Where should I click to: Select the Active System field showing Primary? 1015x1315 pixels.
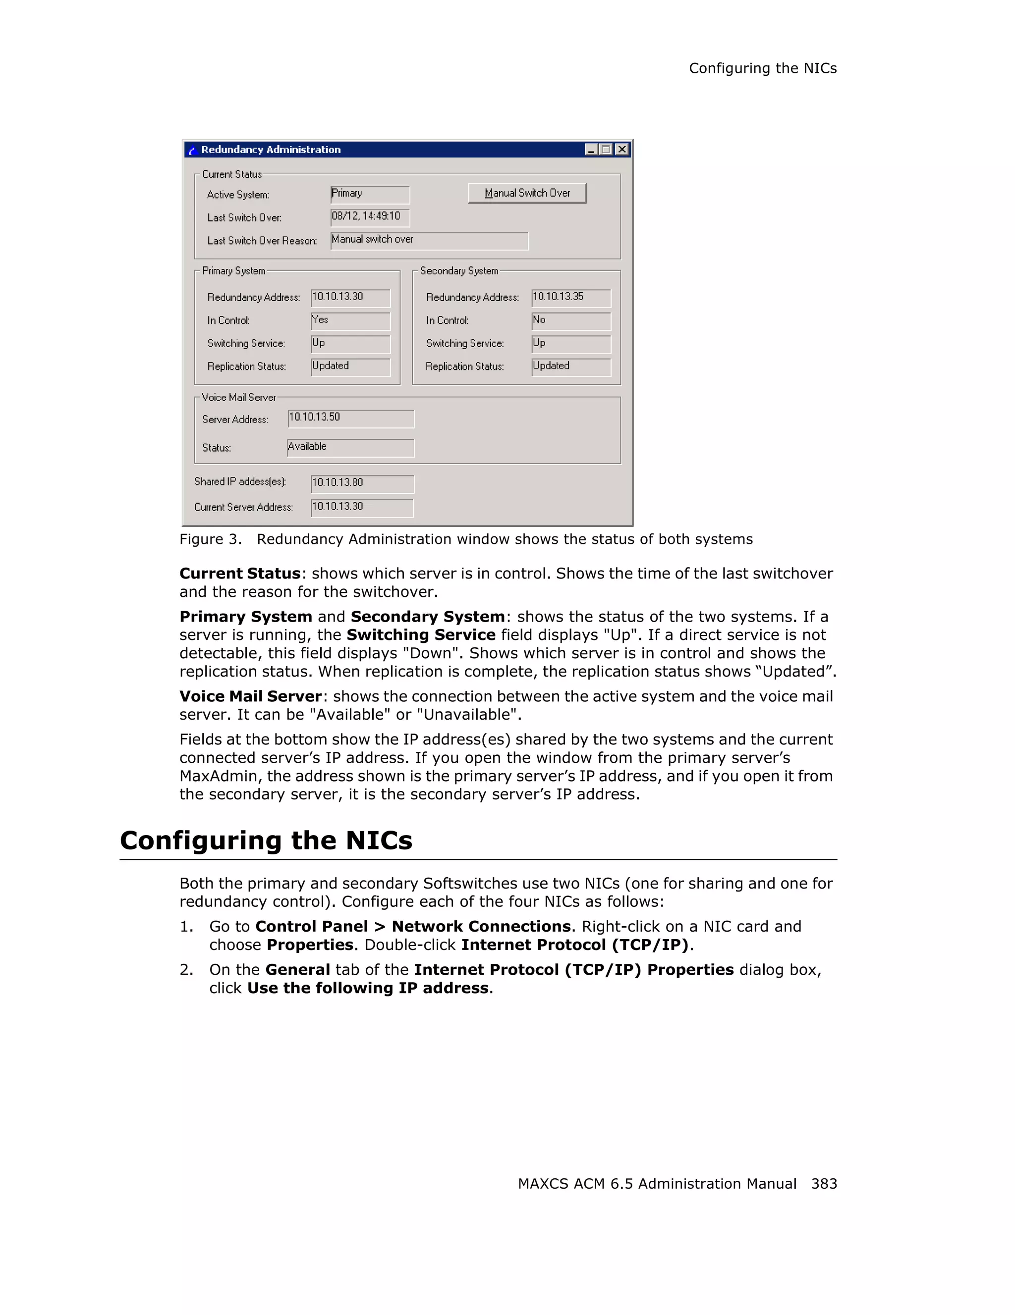point(370,195)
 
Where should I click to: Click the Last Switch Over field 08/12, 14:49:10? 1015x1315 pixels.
point(370,217)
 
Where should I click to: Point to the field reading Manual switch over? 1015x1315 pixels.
point(429,240)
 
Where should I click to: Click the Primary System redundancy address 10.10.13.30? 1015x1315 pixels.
point(350,298)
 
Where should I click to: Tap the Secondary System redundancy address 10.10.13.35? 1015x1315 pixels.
point(570,298)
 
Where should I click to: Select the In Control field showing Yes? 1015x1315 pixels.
point(350,321)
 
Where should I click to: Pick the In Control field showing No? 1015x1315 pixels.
point(570,321)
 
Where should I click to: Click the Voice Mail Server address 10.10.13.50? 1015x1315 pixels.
point(350,419)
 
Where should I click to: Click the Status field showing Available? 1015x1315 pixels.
point(350,447)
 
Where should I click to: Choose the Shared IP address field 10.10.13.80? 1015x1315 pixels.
point(362,483)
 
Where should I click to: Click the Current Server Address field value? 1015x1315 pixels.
point(362,508)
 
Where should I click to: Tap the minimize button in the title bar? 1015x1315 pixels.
point(591,149)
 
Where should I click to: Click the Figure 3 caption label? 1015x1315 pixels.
point(210,539)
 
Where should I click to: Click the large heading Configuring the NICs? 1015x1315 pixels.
point(266,840)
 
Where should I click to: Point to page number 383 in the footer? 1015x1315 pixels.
point(823,1184)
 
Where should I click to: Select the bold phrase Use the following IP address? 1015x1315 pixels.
point(367,988)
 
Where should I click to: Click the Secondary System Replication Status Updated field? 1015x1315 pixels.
point(570,367)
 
